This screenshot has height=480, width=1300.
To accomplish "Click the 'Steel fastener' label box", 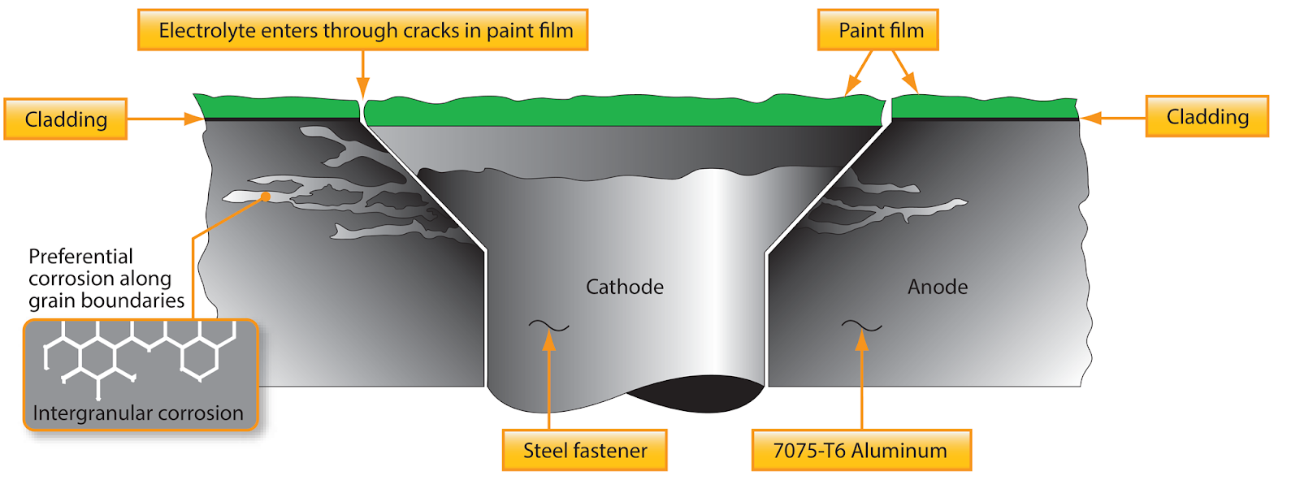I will tap(584, 451).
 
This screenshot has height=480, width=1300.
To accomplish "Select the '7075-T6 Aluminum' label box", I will tap(860, 451).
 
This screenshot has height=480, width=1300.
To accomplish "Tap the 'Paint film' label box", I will tap(881, 31).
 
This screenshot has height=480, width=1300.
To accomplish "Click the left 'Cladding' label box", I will tap(66, 119).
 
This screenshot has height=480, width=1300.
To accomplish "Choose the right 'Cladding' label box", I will tap(1207, 117).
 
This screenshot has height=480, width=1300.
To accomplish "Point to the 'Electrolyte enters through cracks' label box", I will tap(365, 31).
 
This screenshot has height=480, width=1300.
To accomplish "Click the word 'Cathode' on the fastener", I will tap(624, 287).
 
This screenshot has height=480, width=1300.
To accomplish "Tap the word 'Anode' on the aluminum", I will tap(938, 287).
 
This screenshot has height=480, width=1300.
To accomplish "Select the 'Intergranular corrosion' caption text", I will tap(138, 413).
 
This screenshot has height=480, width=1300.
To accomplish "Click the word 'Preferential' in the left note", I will tap(80, 257).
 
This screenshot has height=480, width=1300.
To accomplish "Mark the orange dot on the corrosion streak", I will tap(266, 197).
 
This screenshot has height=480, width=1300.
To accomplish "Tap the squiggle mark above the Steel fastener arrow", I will tap(549, 326).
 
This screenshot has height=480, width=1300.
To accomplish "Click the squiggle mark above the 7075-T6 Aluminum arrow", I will tap(861, 326).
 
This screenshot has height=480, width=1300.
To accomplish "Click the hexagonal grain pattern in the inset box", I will tap(138, 353).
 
